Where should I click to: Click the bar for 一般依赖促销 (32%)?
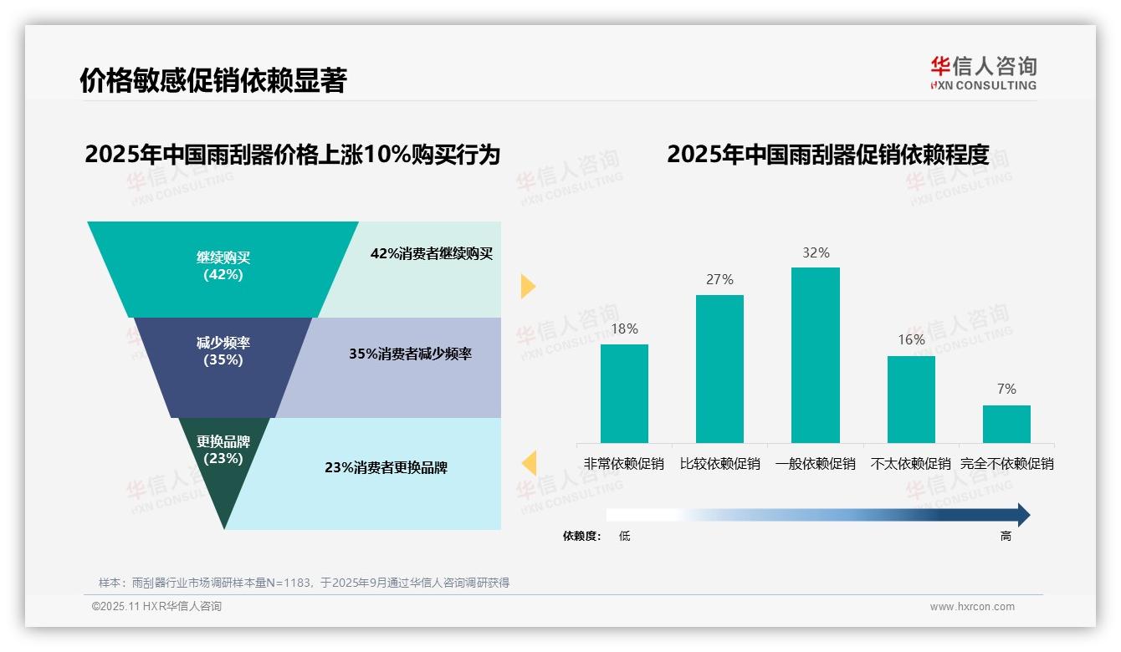tap(815, 355)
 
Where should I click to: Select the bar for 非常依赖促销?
tap(624, 393)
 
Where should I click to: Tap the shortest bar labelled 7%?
tap(1006, 424)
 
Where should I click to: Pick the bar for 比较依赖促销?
tap(719, 369)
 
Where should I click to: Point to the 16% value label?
tap(911, 339)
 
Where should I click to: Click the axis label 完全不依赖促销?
tap(1006, 463)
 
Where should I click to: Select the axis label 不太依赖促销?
tap(911, 463)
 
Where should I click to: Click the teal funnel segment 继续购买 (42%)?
tap(223, 266)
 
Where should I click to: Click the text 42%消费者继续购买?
tap(432, 254)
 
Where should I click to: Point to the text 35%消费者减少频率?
tap(410, 354)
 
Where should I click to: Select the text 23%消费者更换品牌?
tap(386, 467)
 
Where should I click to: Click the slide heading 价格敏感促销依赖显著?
tap(212, 80)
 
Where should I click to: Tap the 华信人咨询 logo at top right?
tap(983, 73)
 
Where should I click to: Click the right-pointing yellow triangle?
tap(528, 286)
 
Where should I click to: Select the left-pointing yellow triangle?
tap(529, 463)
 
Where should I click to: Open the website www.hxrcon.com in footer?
tap(971, 607)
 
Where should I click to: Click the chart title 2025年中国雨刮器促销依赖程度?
tap(827, 155)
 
